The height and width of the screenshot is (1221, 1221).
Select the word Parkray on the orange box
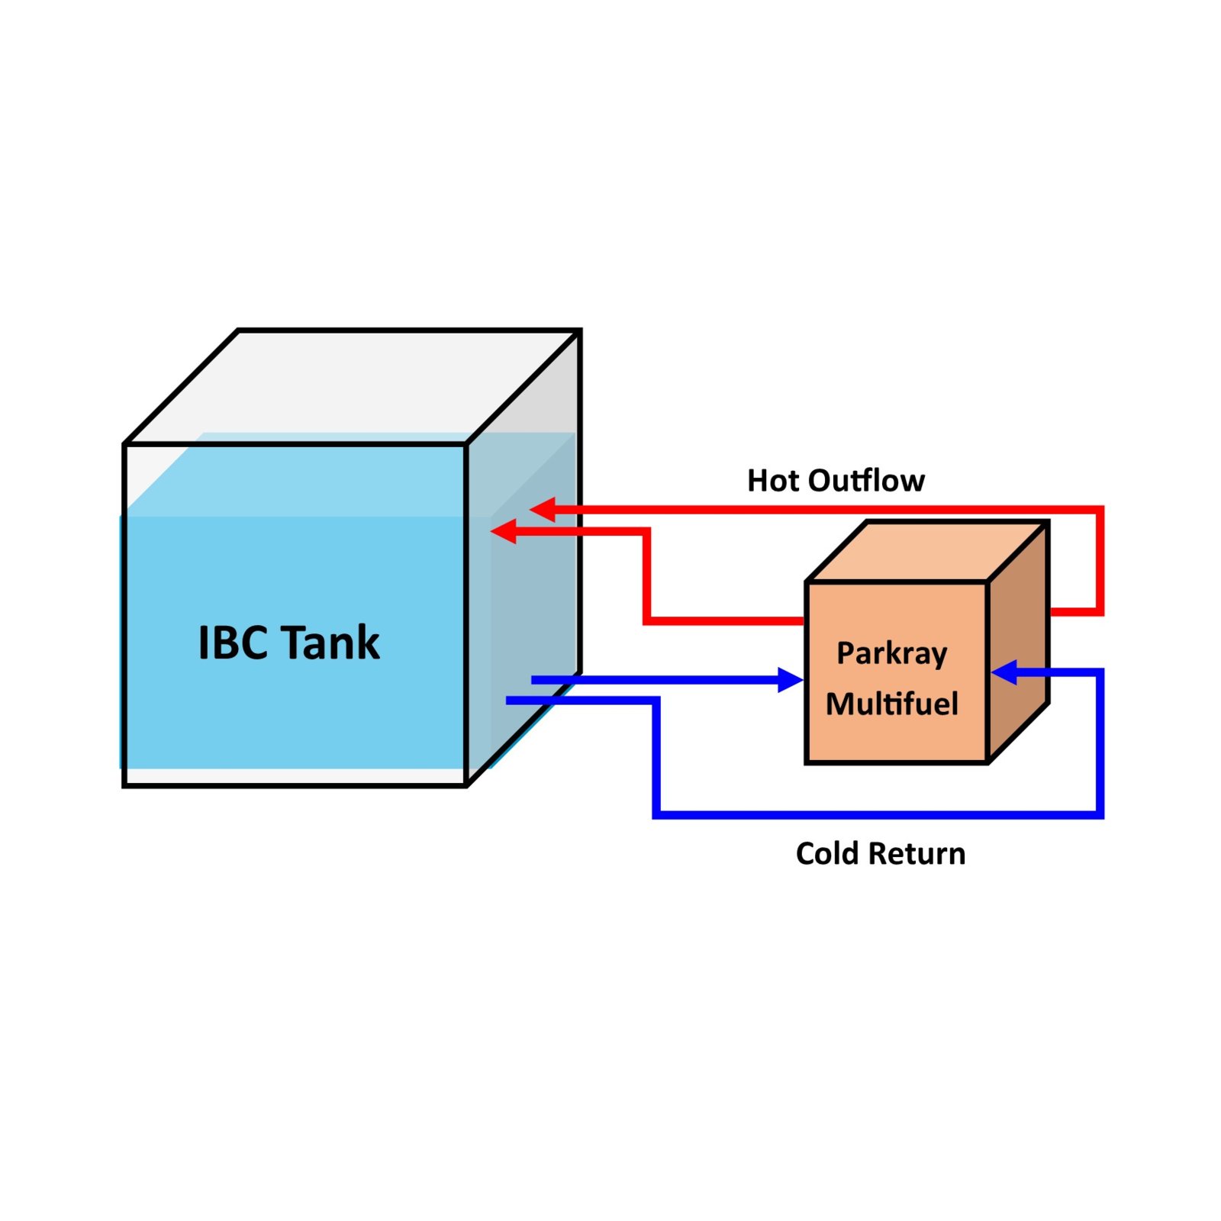[891, 654]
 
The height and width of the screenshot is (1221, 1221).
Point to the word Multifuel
[891, 704]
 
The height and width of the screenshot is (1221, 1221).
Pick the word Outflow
[866, 481]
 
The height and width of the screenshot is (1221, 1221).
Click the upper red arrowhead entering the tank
[543, 509]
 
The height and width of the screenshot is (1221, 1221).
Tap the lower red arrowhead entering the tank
[504, 531]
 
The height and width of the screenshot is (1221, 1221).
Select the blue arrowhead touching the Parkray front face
[790, 679]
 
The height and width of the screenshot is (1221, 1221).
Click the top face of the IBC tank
[351, 386]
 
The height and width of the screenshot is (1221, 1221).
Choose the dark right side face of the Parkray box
[1019, 641]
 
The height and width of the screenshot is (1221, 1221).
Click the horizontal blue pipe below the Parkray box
[878, 815]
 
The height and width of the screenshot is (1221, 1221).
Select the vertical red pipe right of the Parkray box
[1100, 561]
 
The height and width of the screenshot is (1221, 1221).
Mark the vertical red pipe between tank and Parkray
[647, 576]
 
